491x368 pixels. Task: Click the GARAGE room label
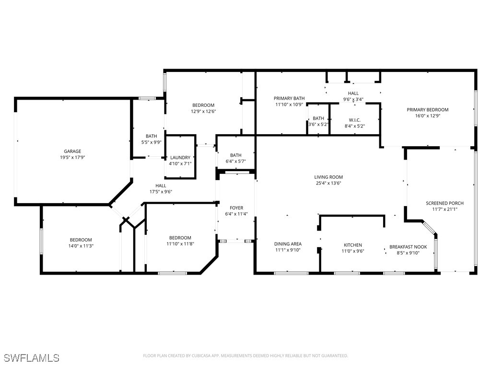72,151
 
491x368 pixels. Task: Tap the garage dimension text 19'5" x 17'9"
72,157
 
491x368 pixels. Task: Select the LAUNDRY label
180,158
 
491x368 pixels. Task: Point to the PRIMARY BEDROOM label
428,110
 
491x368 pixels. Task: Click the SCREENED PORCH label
444,203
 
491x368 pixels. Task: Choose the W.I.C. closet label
355,120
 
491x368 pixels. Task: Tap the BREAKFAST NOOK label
408,247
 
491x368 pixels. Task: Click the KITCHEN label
352,245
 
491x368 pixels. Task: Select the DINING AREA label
288,244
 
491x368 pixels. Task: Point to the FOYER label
236,208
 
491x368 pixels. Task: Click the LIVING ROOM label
328,177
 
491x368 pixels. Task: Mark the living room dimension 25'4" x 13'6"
328,183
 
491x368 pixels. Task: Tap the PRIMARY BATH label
289,98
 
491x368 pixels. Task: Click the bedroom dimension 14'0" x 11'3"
81,246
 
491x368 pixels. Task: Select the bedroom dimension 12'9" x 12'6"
203,111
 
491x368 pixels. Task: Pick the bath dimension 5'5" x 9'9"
151,142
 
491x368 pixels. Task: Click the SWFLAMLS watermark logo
32,358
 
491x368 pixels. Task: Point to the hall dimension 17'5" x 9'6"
161,192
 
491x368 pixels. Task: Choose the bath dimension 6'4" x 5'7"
235,161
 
